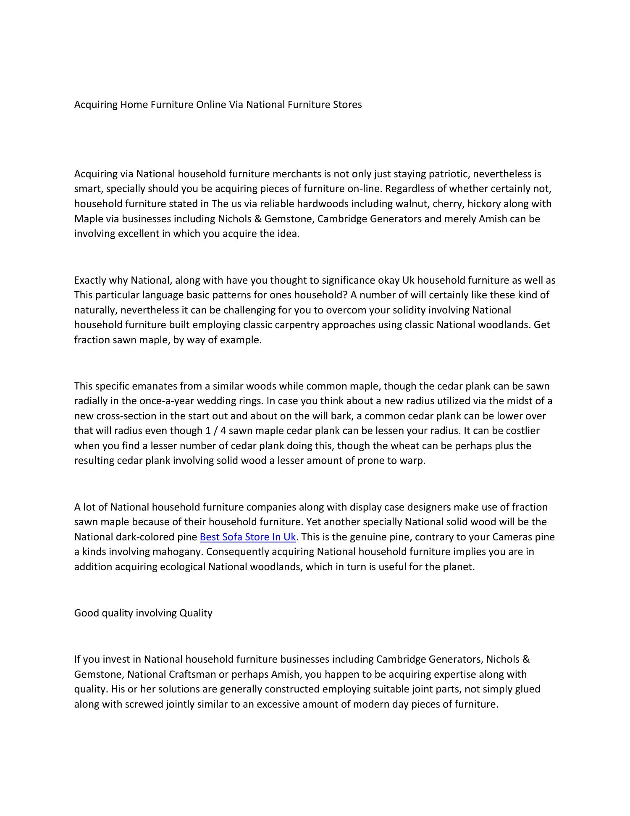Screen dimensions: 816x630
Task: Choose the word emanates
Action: coord(155,386)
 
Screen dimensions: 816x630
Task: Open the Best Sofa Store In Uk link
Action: coord(248,537)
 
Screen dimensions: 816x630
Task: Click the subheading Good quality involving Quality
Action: coord(143,613)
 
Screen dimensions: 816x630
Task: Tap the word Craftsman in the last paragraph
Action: coord(192,674)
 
